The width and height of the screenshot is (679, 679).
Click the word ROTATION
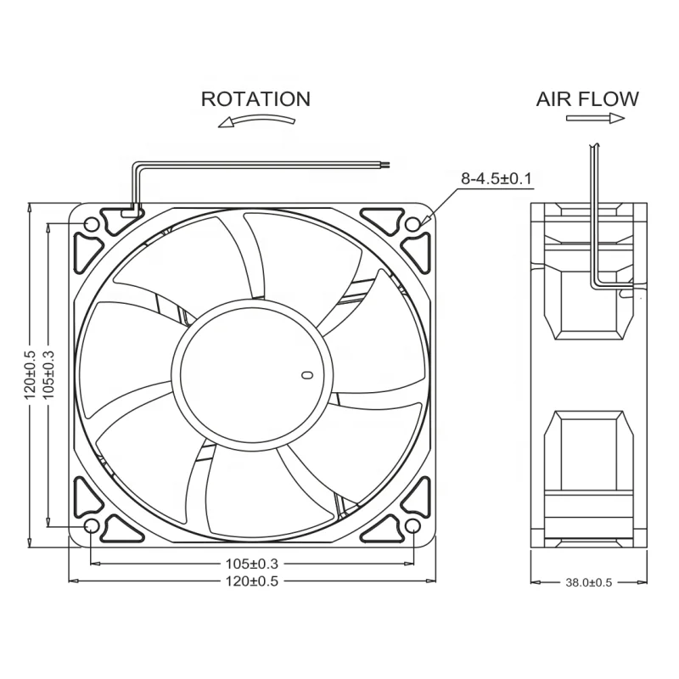(x=255, y=98)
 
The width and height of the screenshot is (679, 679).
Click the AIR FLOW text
(x=587, y=98)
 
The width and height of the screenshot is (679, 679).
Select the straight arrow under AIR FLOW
(x=595, y=119)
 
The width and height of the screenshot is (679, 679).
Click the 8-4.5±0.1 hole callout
(x=496, y=179)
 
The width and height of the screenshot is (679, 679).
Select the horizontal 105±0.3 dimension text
(x=251, y=563)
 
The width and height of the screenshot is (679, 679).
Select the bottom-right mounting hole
(x=412, y=527)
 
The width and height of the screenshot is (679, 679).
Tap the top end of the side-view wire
(x=592, y=146)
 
